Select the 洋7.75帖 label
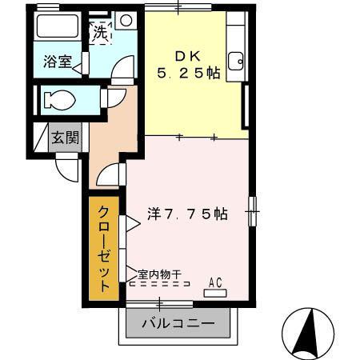tap(188, 214)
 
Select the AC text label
tap(214, 281)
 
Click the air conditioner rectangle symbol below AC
tap(214, 293)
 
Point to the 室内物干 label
tap(158, 274)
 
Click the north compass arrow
tap(306, 331)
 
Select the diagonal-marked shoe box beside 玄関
tap(39, 137)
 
